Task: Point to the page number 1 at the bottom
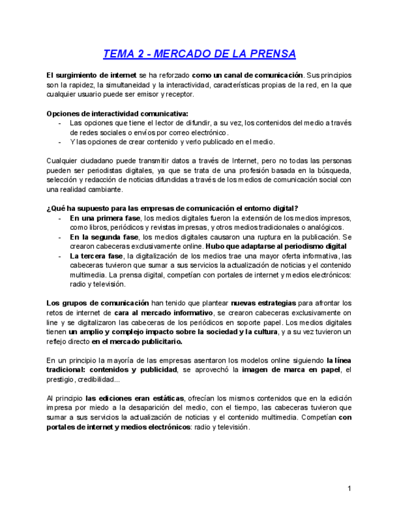(x=350, y=488)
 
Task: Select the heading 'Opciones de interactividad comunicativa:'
(x=118, y=113)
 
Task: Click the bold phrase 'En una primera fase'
(x=105, y=218)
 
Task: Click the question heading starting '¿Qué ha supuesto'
(x=172, y=208)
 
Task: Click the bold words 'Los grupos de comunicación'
(x=97, y=303)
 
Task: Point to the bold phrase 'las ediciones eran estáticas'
(x=135, y=398)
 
